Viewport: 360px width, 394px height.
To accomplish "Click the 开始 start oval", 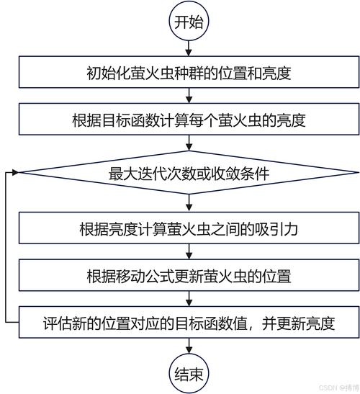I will coord(189,22).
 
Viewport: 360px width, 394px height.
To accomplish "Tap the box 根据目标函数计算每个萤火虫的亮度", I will coord(189,120).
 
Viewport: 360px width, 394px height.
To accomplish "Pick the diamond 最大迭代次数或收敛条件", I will coord(189,174).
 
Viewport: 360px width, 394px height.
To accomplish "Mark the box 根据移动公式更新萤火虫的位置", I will coord(189,275).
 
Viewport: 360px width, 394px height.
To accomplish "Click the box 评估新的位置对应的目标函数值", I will coord(189,321).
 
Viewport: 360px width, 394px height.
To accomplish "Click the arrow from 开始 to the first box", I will coord(189,48).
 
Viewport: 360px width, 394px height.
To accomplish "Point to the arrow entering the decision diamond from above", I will coord(189,147).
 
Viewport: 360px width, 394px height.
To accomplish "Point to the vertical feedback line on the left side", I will coord(6,249).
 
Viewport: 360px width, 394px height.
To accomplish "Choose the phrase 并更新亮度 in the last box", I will coord(302,321).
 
